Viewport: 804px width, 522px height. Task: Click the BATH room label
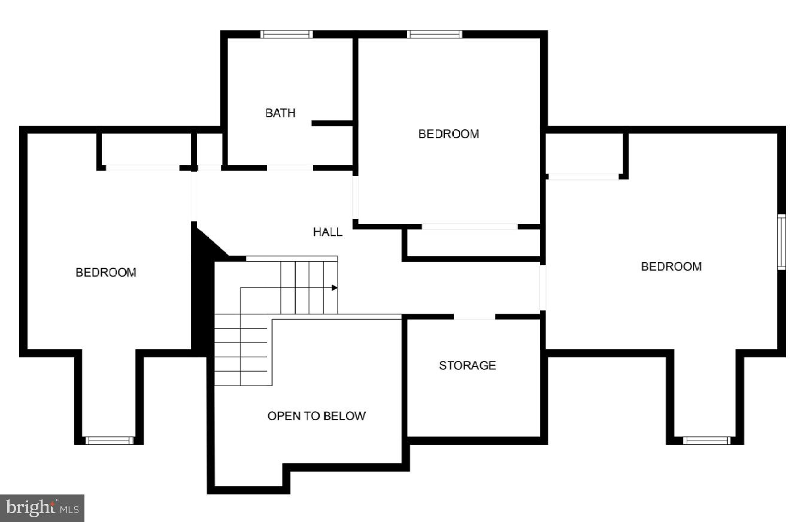[280, 113]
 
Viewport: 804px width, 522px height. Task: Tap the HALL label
[327, 232]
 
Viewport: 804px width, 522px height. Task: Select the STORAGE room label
[468, 365]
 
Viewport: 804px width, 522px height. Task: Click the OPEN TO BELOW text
[316, 416]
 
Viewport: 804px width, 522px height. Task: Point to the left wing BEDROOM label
[106, 272]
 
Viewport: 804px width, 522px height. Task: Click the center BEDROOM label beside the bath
[448, 134]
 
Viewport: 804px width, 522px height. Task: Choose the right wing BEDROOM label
[671, 266]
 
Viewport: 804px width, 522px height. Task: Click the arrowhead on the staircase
[335, 288]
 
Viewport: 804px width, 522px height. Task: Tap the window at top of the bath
[287, 34]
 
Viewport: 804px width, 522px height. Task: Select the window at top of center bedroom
[435, 34]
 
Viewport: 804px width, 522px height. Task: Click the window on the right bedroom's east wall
[781, 242]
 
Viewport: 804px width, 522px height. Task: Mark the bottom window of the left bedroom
[109, 441]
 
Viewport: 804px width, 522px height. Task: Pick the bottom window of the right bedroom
[707, 441]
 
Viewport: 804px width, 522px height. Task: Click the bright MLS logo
[42, 508]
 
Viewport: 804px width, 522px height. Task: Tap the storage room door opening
[475, 316]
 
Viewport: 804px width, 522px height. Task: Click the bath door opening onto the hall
[290, 168]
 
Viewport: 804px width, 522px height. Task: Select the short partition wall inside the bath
[332, 123]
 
